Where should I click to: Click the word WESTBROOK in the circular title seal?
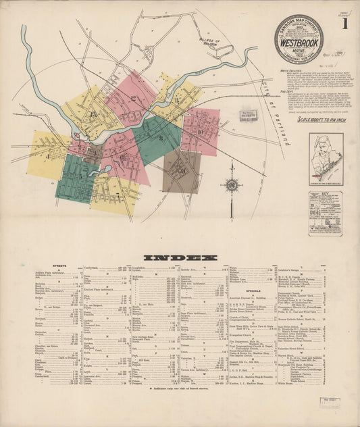tap(298, 39)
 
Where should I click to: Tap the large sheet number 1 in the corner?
tap(344, 26)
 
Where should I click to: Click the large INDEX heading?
tap(180, 257)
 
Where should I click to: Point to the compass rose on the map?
tap(232, 184)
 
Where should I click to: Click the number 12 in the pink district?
tap(133, 99)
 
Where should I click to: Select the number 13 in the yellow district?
tap(93, 115)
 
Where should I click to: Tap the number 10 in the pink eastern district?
tap(201, 132)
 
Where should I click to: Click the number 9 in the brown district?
tap(183, 170)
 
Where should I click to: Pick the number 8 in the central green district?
tap(161, 138)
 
